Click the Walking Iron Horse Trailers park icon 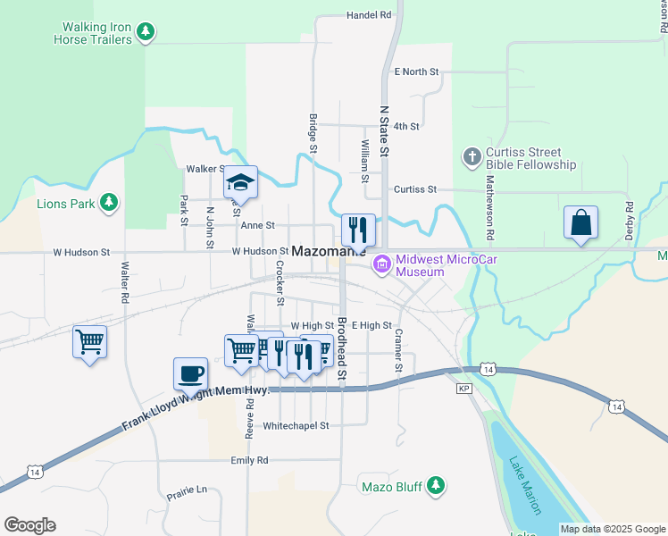(146, 33)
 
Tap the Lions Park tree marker (108, 203)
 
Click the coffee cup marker (190, 374)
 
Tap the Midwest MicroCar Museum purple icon (383, 265)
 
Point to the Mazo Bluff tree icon (435, 486)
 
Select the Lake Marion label (525, 486)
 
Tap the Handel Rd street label (369, 15)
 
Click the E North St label (416, 71)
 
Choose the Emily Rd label (249, 461)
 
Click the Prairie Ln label (187, 490)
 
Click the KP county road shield (463, 389)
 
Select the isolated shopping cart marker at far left (89, 341)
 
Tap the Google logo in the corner (29, 525)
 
